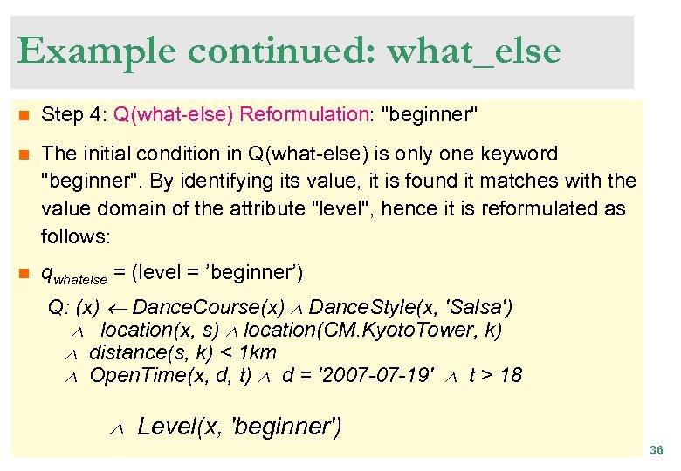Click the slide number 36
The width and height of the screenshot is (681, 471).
[657, 450]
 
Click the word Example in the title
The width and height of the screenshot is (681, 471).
[95, 51]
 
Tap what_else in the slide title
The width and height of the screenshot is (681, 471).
[474, 52]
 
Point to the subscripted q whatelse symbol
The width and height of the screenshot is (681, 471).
[73, 275]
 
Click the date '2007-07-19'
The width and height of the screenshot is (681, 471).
[379, 376]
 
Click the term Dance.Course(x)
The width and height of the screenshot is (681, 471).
[209, 308]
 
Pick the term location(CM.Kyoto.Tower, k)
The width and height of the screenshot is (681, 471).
[373, 330]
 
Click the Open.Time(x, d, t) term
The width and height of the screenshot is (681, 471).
[170, 376]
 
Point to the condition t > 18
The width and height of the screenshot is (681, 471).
[495, 376]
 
